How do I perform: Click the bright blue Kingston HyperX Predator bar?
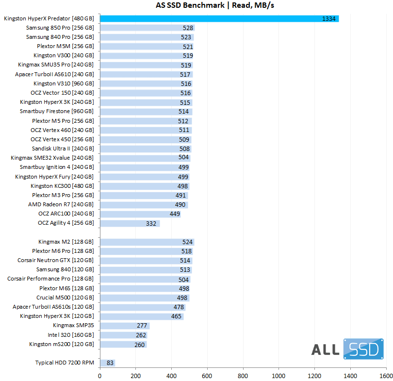(x=218, y=18)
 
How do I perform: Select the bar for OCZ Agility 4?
(x=130, y=223)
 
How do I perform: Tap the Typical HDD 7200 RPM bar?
(x=107, y=363)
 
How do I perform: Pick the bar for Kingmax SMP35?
(x=124, y=326)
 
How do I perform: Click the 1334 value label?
(x=328, y=19)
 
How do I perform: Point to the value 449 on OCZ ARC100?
(x=175, y=214)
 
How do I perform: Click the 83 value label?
(x=109, y=363)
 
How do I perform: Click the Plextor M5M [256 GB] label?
(x=63, y=46)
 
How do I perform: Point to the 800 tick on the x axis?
(x=243, y=375)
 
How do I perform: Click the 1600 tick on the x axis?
(x=386, y=375)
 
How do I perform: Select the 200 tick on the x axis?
(x=136, y=375)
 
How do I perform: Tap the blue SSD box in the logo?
(x=364, y=349)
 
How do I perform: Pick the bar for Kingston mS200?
(x=123, y=344)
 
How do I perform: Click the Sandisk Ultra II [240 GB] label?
(x=63, y=149)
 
